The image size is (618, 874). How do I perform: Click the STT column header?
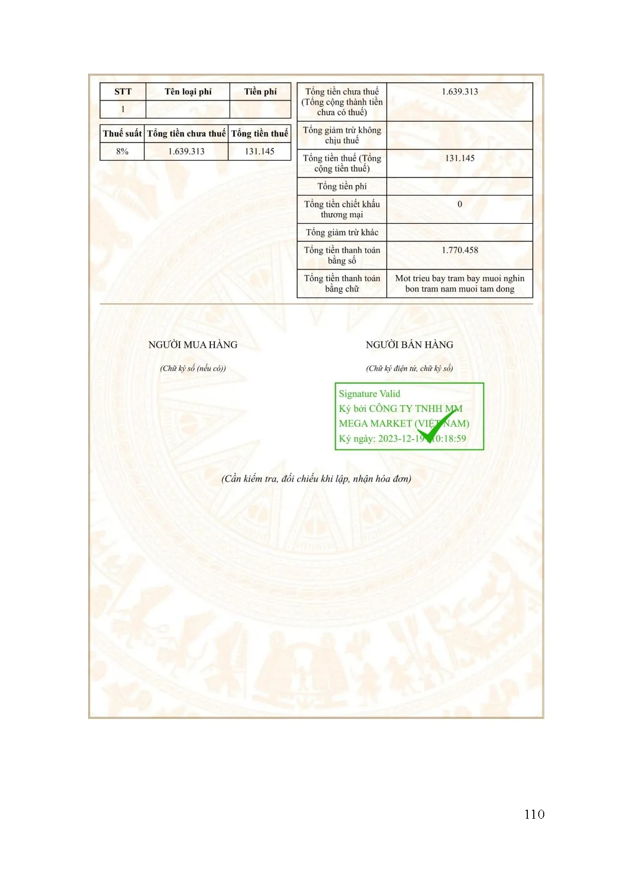click(x=123, y=92)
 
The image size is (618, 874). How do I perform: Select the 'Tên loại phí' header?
click(x=188, y=92)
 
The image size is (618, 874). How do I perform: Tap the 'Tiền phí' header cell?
click(x=260, y=92)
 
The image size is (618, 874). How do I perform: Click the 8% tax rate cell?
click(x=122, y=151)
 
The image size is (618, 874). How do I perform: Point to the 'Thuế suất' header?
click(x=122, y=134)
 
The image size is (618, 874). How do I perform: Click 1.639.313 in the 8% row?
click(x=186, y=151)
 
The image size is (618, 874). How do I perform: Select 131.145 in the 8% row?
click(x=259, y=151)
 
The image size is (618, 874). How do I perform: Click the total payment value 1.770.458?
click(x=460, y=250)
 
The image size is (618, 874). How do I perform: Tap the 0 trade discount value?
click(x=460, y=204)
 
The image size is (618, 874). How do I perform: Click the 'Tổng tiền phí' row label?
click(x=342, y=186)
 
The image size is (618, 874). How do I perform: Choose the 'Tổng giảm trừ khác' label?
click(x=342, y=232)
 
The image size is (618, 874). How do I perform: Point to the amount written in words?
click(x=460, y=284)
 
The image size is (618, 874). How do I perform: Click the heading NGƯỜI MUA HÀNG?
click(x=193, y=345)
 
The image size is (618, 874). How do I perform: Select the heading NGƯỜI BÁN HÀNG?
click(x=409, y=345)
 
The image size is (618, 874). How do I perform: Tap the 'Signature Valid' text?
click(x=369, y=394)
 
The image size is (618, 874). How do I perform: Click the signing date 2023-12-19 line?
click(x=402, y=438)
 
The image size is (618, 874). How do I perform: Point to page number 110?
click(x=534, y=814)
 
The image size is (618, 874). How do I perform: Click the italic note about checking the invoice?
click(x=316, y=479)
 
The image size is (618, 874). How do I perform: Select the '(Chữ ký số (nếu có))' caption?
click(x=193, y=368)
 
